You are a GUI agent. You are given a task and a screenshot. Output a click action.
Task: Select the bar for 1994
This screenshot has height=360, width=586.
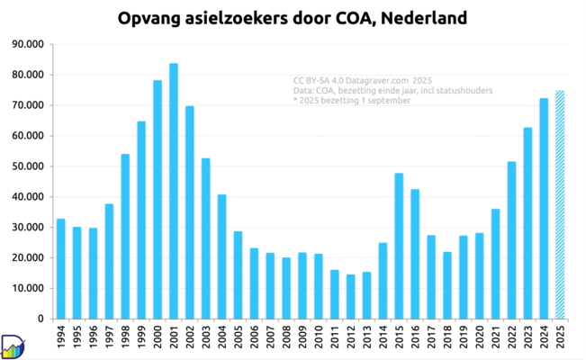pyautogui.click(x=60, y=268)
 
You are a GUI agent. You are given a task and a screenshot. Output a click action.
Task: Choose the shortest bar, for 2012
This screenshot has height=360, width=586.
pyautogui.click(x=350, y=296)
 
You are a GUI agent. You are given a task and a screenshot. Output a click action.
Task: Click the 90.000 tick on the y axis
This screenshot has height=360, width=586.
pyautogui.click(x=28, y=44)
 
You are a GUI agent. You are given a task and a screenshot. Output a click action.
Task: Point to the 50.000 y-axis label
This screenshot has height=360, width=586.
pyautogui.click(x=28, y=166)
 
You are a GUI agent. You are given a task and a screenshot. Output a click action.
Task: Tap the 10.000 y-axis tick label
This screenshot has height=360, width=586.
pyautogui.click(x=28, y=288)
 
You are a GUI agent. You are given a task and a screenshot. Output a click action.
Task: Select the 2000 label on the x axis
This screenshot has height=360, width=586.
pyautogui.click(x=158, y=339)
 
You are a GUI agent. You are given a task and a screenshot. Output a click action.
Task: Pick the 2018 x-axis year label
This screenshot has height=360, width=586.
pyautogui.click(x=447, y=339)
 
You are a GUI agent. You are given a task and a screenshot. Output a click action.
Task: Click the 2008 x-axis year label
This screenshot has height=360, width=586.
pyautogui.click(x=286, y=339)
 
